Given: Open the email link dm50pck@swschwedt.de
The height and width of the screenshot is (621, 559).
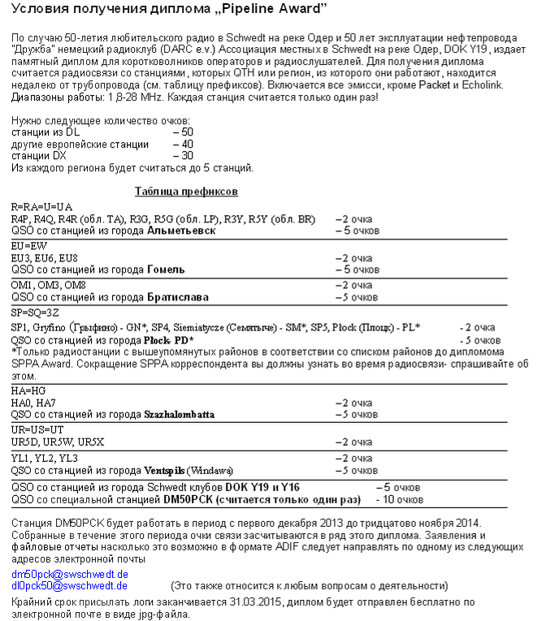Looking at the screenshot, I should [69, 574].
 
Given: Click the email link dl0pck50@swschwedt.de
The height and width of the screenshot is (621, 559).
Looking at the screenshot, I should [69, 584].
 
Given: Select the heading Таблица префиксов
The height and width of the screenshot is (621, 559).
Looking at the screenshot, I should [186, 192].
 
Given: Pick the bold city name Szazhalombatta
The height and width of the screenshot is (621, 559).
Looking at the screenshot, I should [180, 414].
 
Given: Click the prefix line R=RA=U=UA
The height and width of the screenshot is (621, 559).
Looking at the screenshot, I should [42, 207].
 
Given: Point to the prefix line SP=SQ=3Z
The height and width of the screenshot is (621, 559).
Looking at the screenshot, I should [35, 313].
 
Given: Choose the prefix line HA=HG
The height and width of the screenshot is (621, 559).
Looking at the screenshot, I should [29, 390].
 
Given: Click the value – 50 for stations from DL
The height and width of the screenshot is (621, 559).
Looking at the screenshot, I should [183, 132].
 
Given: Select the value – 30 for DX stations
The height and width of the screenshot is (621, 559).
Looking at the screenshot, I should [183, 155].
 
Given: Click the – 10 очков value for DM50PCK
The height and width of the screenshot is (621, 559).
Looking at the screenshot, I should [398, 499].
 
